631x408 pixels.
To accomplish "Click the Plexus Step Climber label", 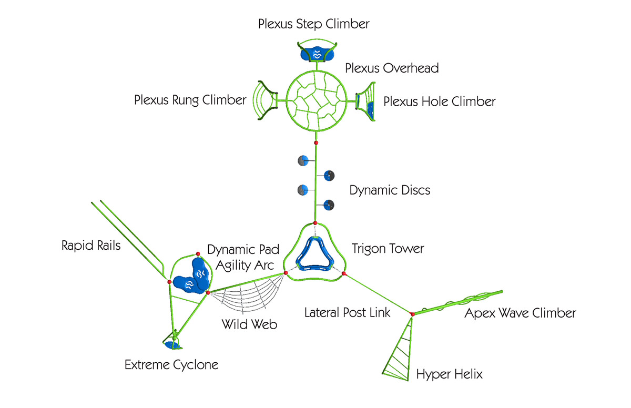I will pos(314,24).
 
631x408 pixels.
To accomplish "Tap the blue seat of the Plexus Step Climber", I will pos(317,54).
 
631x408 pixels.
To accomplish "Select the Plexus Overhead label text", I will pos(392,68).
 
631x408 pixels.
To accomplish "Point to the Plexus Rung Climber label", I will pos(190,100).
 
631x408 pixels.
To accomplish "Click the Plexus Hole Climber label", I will pos(439,101).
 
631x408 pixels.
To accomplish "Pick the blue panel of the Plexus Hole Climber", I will pos(371,108).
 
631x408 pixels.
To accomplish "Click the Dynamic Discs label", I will pos(390,190).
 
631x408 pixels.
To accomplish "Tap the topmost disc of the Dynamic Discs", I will pos(302,160).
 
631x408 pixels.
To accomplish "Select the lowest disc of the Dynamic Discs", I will pos(329,205).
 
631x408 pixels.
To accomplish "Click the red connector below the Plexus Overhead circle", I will pos(316,143).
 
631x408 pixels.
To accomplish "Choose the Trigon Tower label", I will pos(388,248).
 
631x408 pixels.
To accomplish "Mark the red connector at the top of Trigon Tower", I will pos(314,224).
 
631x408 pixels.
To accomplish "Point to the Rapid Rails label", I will pos(91,246).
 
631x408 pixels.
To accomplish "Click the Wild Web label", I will pos(250,324).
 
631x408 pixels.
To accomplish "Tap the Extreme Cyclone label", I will pos(171,364).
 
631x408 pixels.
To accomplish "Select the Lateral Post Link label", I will pos(348,313).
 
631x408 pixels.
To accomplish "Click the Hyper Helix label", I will pos(450,374).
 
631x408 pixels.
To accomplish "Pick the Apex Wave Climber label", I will pos(520,313).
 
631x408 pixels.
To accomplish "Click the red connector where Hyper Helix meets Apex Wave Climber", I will pos(412,314).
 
